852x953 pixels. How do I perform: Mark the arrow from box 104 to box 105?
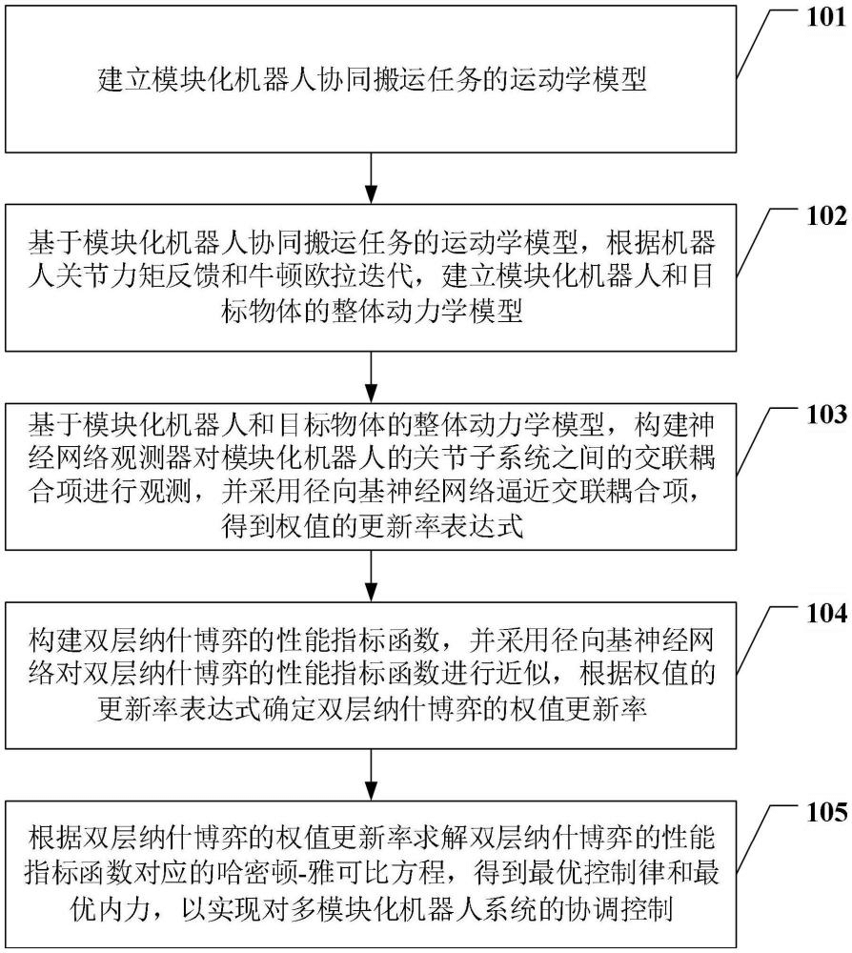point(370,775)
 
